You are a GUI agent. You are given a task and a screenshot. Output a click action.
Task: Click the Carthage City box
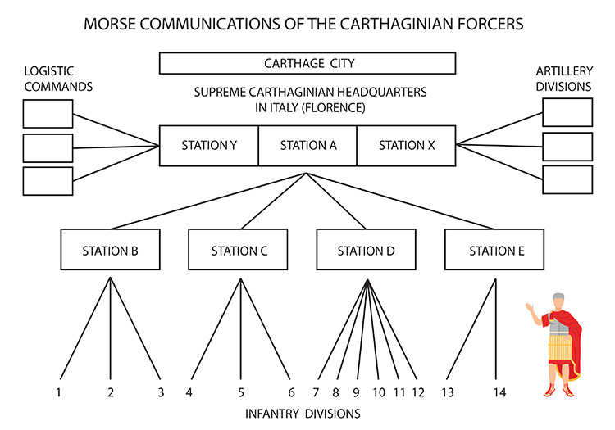pos(307,63)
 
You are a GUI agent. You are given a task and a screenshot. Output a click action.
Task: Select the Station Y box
pos(208,146)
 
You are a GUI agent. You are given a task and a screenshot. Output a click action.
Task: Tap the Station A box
pos(307,146)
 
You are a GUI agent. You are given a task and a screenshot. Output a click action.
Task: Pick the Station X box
pos(407,146)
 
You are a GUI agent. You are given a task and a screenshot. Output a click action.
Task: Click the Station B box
pos(110,250)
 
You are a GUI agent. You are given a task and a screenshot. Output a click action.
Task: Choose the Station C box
pos(238,250)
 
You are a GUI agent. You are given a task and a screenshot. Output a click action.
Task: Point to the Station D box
pos(366,250)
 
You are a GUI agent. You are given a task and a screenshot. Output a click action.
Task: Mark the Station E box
pos(494,250)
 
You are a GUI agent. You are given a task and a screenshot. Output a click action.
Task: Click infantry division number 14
pos(499,392)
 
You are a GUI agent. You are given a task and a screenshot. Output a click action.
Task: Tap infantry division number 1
pos(58,392)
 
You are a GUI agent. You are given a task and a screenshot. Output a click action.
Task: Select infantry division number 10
pos(379,392)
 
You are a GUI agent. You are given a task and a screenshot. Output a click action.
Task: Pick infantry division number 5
pos(241,392)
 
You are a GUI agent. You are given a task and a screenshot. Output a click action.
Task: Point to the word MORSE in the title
pos(109,24)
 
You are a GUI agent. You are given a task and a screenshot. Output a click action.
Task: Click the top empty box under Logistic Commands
pos(48,114)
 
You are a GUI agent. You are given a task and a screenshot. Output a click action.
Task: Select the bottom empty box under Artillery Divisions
pos(567,179)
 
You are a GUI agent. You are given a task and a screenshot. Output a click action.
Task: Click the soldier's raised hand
pos(531,309)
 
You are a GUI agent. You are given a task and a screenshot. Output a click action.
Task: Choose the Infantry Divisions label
pos(303,414)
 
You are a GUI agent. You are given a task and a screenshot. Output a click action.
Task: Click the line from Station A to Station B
pos(208,201)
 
